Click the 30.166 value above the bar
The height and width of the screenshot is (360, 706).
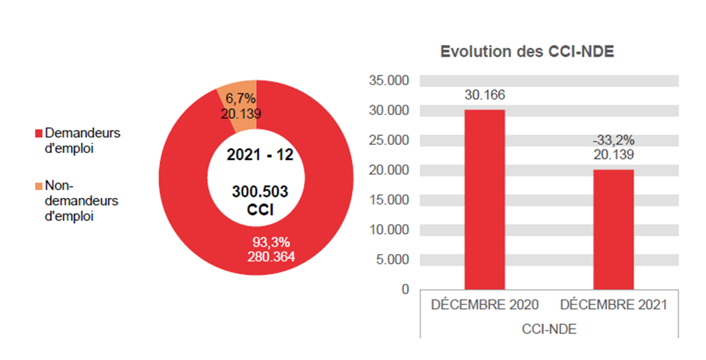pyautogui.click(x=484, y=95)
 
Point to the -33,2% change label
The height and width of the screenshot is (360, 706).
pyautogui.click(x=613, y=140)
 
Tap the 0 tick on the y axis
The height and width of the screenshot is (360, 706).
pyautogui.click(x=405, y=289)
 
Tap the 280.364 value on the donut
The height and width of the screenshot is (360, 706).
pyautogui.click(x=270, y=256)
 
